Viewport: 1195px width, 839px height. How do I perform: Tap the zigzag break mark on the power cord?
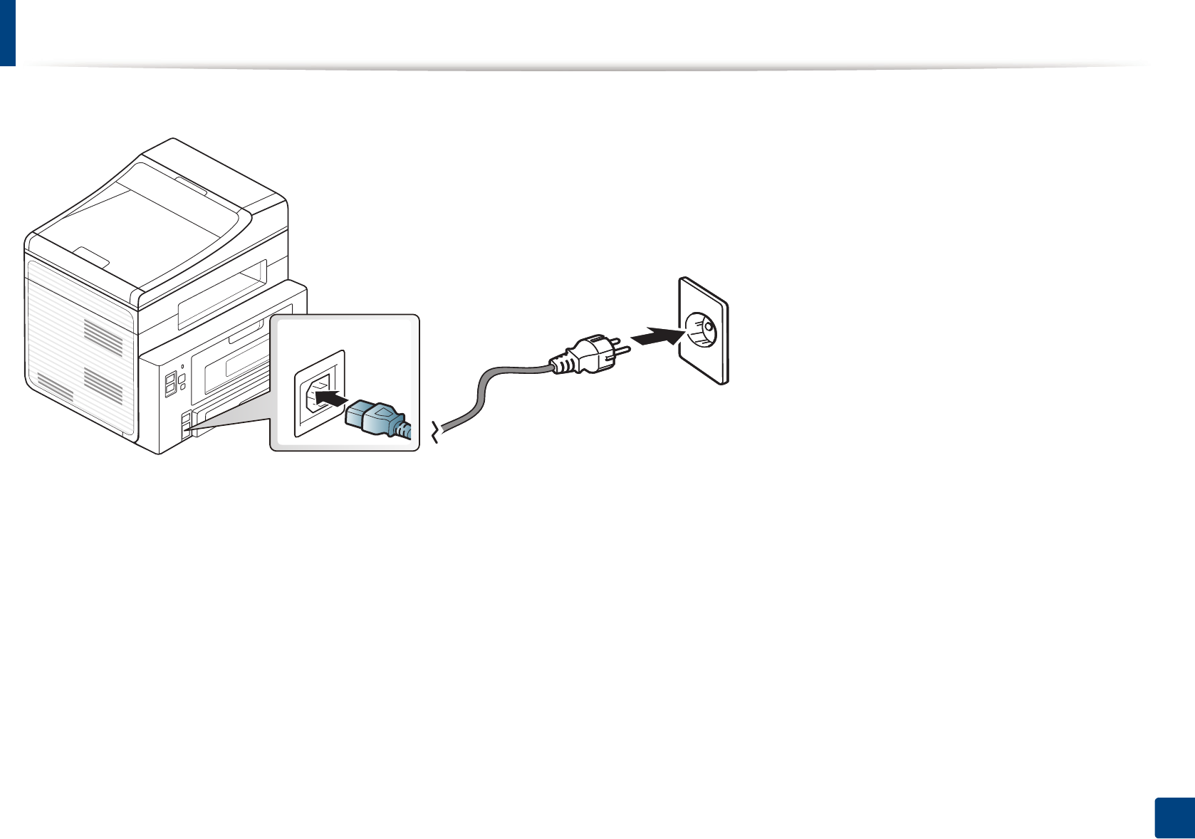point(437,431)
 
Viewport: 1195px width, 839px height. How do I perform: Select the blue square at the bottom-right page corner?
point(1173,818)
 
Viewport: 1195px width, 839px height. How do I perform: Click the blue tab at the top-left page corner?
point(7,33)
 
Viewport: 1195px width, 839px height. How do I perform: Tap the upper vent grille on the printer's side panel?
point(103,335)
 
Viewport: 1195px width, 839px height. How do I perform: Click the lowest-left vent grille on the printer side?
point(55,385)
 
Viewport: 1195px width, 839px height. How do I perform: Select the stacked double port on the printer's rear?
point(170,384)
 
